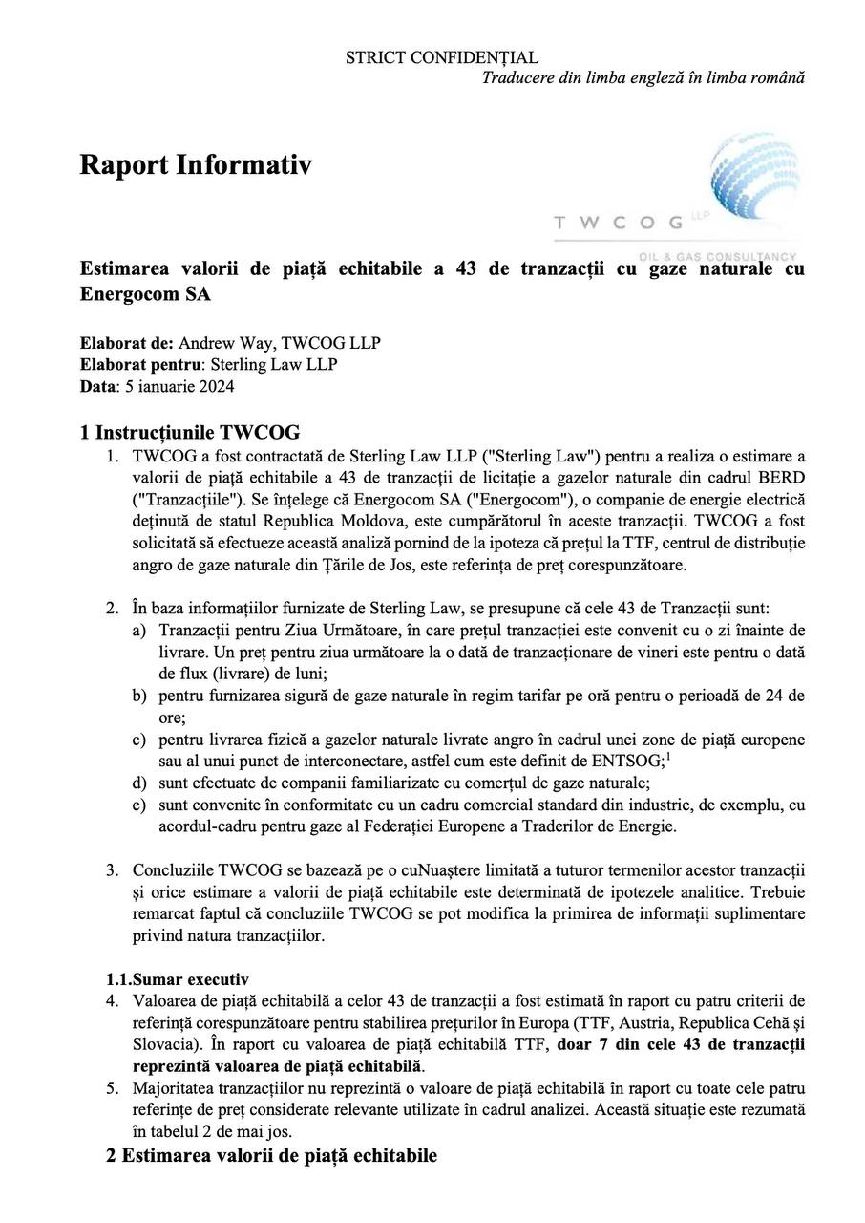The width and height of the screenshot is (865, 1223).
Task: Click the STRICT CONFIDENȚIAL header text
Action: click(x=441, y=58)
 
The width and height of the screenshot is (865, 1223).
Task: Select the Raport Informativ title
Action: click(x=195, y=164)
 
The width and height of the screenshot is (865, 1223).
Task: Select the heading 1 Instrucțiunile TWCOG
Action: click(x=190, y=432)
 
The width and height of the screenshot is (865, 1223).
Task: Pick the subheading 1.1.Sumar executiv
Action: click(x=177, y=979)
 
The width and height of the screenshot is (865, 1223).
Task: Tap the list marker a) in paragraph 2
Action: click(x=139, y=631)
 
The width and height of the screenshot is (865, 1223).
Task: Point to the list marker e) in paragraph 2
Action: click(x=139, y=805)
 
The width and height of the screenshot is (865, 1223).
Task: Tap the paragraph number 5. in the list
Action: click(x=112, y=1088)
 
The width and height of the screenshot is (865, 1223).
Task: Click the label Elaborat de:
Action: click(x=126, y=343)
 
